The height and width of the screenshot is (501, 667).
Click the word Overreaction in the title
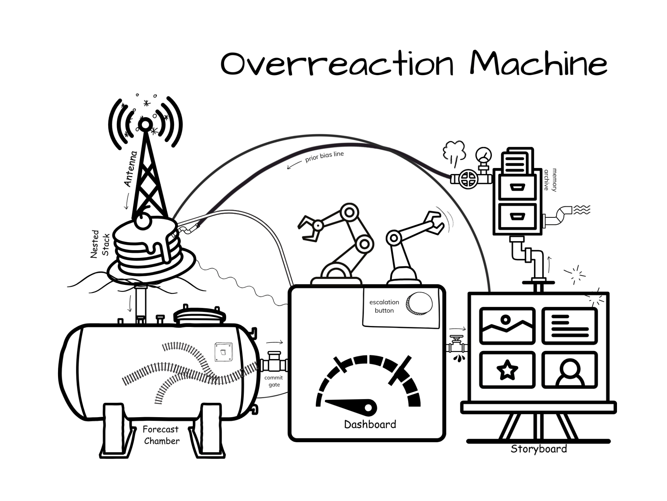[337, 64]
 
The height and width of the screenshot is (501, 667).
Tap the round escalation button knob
[419, 303]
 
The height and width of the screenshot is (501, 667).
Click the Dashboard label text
[370, 424]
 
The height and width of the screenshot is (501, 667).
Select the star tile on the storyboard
[507, 370]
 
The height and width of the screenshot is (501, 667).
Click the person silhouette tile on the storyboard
[570, 370]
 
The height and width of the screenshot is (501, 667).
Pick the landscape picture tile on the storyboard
[507, 326]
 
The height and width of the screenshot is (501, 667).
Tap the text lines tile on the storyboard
[570, 326]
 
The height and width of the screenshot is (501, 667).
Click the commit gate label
[274, 381]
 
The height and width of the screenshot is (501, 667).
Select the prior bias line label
[324, 157]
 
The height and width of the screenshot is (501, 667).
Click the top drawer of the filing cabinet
[517, 187]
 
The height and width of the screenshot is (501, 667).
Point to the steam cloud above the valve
[454, 151]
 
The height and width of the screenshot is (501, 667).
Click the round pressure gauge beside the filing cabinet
[484, 155]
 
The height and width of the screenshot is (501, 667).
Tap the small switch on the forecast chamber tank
[223, 352]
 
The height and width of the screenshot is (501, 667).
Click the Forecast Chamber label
[161, 435]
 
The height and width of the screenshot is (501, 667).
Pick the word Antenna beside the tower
[131, 169]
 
